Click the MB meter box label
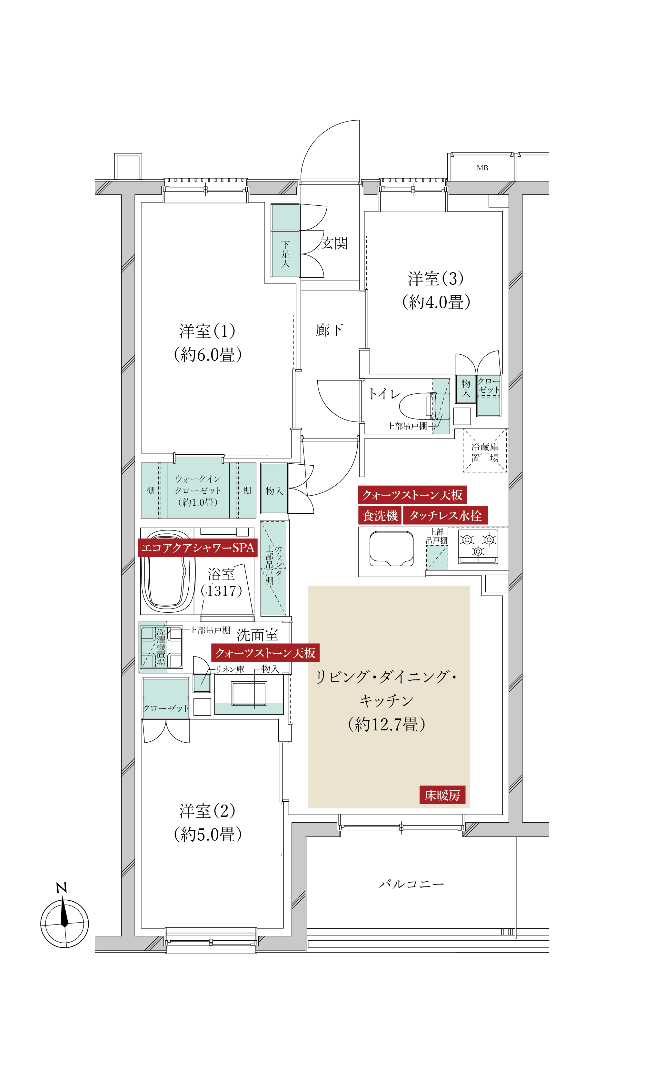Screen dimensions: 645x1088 (x=482, y=168)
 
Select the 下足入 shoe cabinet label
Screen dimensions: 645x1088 (x=285, y=254)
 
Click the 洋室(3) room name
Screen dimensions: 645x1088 (x=435, y=279)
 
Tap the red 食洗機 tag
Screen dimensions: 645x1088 (x=380, y=516)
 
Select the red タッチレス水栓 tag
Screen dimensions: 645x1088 (x=445, y=516)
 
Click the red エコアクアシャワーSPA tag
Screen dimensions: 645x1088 (x=198, y=548)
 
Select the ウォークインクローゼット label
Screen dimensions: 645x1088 (x=198, y=490)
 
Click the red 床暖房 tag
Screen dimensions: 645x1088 (x=442, y=795)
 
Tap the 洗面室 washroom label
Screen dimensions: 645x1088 (x=257, y=635)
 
